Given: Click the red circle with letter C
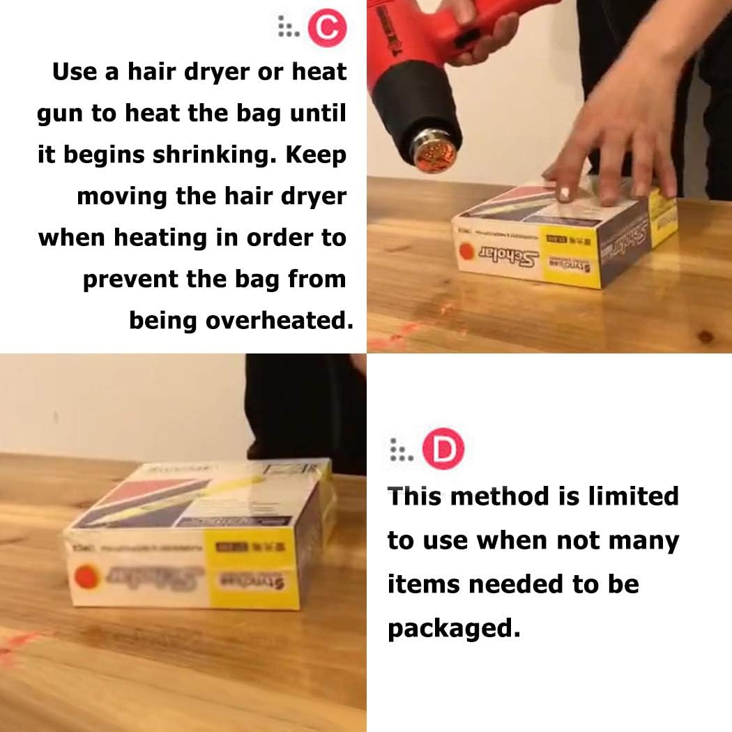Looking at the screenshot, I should pos(326,28).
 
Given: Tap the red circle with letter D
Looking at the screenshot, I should pos(443,451).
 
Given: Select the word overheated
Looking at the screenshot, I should pos(280,320).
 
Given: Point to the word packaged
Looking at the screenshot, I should pos(453,628).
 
